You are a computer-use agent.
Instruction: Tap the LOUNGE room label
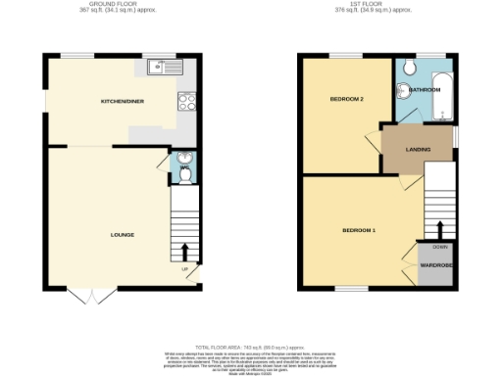coord(123,235)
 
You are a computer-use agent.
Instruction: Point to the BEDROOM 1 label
coord(359,230)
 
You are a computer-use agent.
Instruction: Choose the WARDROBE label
coord(435,264)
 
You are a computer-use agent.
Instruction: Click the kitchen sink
coord(161,68)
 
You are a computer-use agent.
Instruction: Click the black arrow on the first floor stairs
coord(440,229)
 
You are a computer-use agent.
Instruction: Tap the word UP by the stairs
coord(183,270)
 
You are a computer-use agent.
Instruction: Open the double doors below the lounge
coord(87,294)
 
